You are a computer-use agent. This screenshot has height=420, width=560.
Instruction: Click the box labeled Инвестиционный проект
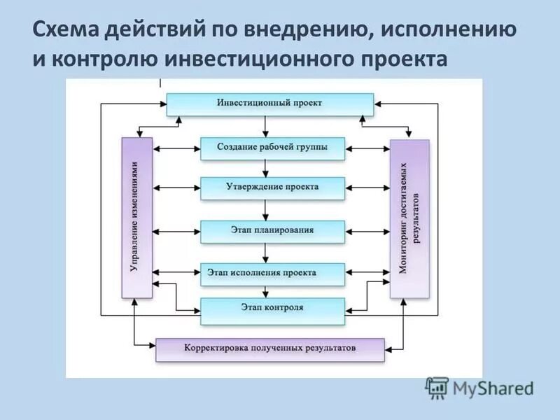pos(269,104)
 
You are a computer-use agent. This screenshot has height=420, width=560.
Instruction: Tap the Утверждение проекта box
pos(273,188)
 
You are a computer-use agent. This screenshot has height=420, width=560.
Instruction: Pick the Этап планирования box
pos(273,230)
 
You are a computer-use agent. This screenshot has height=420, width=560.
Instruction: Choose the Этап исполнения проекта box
pos(273,273)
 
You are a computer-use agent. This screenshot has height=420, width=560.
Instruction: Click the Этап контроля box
pos(273,309)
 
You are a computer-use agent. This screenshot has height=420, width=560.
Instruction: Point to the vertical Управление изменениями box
pos(136,217)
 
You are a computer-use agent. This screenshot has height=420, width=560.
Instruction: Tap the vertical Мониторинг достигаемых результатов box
pos(409,218)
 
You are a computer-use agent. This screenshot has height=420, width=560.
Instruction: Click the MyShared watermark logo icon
pos(437,387)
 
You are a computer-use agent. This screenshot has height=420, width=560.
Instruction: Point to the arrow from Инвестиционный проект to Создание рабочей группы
pos(265,126)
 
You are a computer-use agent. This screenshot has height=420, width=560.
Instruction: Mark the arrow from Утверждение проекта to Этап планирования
pos(265,209)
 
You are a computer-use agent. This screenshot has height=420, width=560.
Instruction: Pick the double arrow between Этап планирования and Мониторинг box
pos(367,230)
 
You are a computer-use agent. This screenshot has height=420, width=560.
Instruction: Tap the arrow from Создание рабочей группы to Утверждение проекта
pos(265,168)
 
